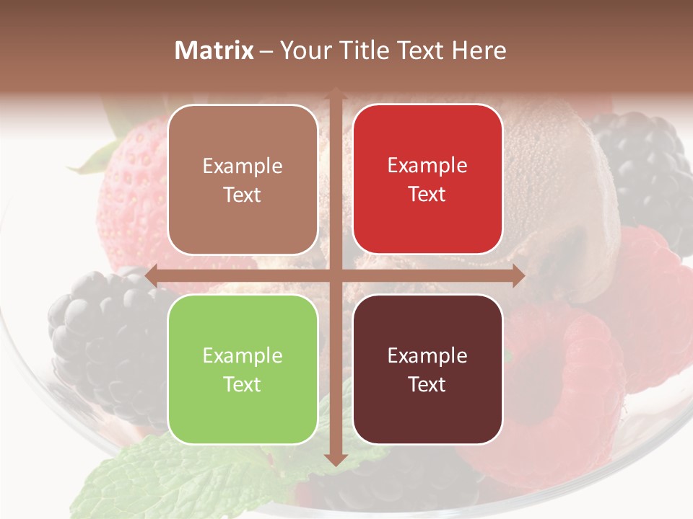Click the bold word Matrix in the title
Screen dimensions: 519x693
214,50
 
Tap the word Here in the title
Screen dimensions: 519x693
479,50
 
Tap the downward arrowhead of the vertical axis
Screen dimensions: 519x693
335,458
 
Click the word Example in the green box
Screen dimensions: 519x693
243,355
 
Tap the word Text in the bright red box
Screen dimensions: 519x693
427,195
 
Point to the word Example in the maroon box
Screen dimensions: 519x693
427,355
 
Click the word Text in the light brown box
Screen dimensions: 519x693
243,195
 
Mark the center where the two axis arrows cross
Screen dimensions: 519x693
335,275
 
